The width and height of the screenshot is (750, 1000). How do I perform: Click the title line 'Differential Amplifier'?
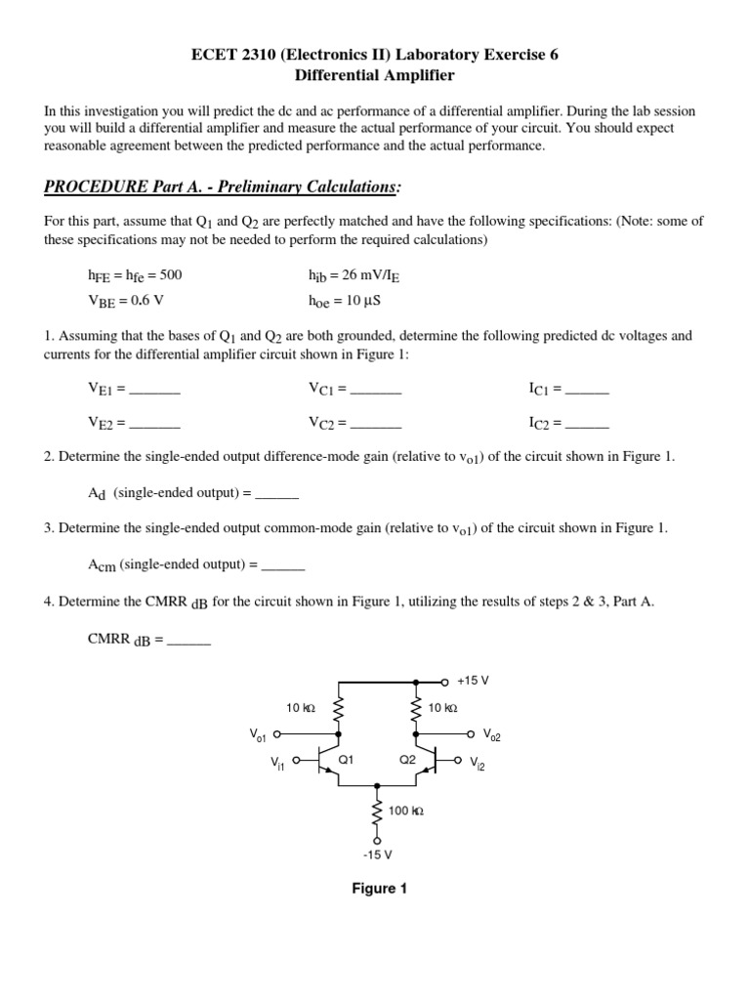point(375,75)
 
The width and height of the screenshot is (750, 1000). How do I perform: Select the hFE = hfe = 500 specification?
point(135,274)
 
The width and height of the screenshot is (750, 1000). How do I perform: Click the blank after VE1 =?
point(155,390)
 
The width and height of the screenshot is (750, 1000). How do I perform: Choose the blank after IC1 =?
point(587,390)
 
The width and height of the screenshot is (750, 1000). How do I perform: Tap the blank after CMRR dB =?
point(189,642)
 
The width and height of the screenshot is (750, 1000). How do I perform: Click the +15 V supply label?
point(473,680)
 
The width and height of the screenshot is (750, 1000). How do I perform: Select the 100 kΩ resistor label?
point(406,811)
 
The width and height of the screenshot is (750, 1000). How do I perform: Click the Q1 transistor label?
point(345,759)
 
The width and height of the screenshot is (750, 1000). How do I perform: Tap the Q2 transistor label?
point(408,759)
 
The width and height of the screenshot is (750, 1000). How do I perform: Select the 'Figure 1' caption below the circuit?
point(379,889)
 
